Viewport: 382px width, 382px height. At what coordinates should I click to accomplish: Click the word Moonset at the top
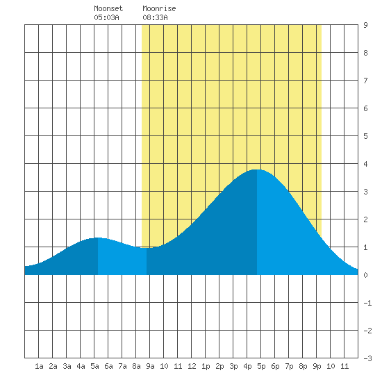click(108, 8)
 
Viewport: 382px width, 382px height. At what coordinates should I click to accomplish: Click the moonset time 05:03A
click(106, 17)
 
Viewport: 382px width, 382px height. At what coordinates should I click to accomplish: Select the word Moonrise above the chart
click(159, 8)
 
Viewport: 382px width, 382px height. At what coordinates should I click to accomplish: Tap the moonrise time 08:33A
click(155, 17)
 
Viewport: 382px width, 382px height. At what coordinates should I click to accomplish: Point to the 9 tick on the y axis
click(365, 25)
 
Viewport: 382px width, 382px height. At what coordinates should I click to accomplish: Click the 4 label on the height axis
click(365, 164)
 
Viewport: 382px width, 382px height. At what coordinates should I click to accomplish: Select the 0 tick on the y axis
click(365, 275)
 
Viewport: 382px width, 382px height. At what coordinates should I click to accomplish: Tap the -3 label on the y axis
click(367, 358)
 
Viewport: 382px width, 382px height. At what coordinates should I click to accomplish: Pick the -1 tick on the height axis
click(367, 303)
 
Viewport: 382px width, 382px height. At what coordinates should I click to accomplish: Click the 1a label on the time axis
click(39, 366)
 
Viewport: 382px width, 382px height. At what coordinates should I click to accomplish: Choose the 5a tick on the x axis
click(94, 366)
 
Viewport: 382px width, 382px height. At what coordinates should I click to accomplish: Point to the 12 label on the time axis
click(192, 366)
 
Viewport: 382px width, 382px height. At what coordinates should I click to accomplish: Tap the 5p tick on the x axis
click(261, 366)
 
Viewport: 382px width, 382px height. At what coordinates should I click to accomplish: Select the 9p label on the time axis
click(317, 366)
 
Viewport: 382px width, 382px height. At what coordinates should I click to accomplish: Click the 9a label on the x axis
click(150, 366)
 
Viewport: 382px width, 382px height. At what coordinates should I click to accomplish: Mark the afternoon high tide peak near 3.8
click(257, 169)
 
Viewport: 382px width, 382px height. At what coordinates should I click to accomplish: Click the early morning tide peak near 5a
click(98, 238)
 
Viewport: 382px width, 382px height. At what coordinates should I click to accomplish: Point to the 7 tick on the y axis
click(365, 81)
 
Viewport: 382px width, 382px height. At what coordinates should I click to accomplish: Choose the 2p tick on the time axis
click(219, 366)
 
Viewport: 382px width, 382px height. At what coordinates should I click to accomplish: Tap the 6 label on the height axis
click(365, 108)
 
